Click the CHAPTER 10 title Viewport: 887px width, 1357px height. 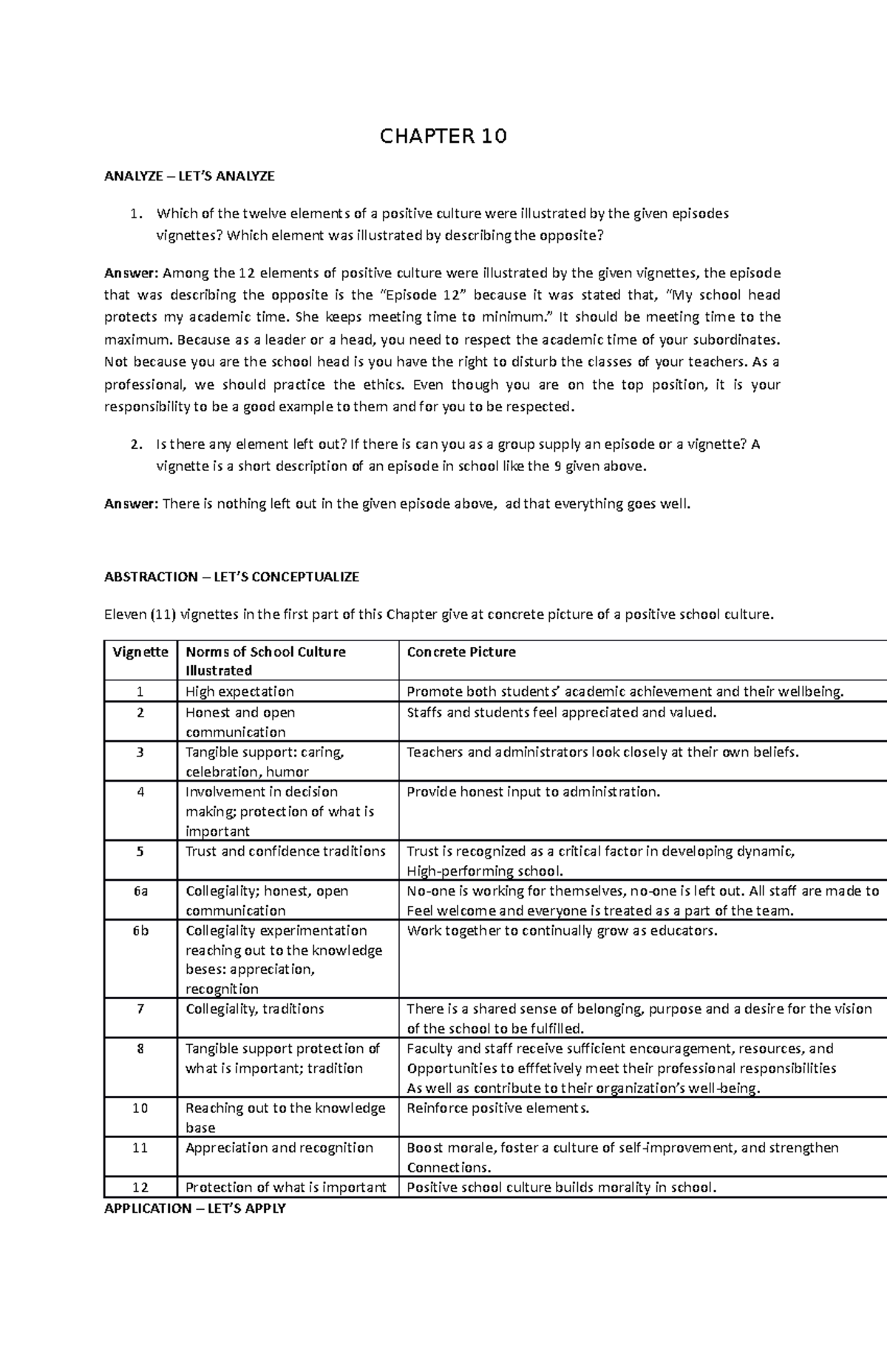pyautogui.click(x=443, y=136)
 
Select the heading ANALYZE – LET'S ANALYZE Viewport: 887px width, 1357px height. pyautogui.click(x=189, y=176)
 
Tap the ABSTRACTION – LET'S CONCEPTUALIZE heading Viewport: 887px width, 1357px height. pyautogui.click(x=231, y=577)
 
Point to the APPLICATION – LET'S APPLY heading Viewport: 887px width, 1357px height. pyautogui.click(x=194, y=1208)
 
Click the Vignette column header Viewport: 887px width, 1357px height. pyautogui.click(x=140, y=652)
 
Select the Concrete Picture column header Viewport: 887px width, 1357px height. pyautogui.click(x=461, y=652)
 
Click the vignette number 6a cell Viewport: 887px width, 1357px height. pyautogui.click(x=140, y=891)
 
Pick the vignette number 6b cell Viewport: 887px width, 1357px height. pyautogui.click(x=140, y=931)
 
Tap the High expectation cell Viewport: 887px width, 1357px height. pyautogui.click(x=239, y=692)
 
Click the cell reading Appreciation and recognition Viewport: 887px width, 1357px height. pyautogui.click(x=279, y=1148)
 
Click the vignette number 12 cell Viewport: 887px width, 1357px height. pyautogui.click(x=140, y=1188)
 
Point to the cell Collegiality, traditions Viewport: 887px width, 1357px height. pyautogui.click(x=254, y=1009)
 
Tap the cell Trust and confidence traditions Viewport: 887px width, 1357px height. pyautogui.click(x=285, y=851)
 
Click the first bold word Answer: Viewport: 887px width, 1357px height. pyautogui.click(x=131, y=273)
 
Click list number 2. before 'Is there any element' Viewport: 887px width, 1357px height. pyautogui.click(x=135, y=444)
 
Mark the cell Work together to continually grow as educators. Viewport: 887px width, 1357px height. pyautogui.click(x=562, y=931)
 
